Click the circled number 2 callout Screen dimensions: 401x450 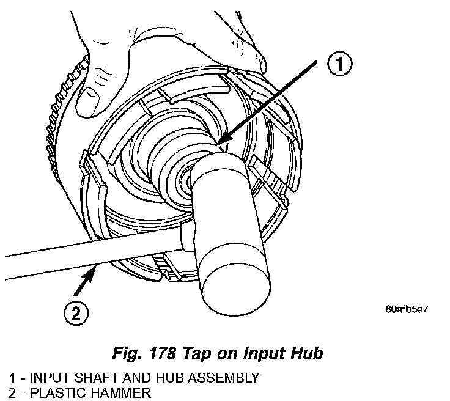point(75,314)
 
